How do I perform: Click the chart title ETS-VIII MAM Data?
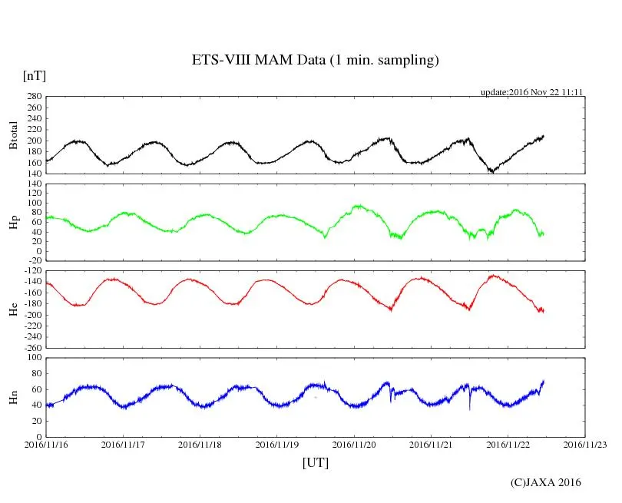point(315,61)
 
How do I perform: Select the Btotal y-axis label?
point(13,136)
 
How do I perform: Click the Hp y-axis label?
point(13,222)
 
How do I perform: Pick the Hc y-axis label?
point(13,309)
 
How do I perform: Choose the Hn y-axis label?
point(13,397)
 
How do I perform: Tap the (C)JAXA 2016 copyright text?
point(546,482)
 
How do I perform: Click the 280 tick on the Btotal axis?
point(32,97)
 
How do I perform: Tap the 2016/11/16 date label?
point(46,444)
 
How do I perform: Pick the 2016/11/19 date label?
point(277,444)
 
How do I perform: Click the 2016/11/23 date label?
point(586,444)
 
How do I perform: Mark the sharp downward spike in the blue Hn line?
point(470,409)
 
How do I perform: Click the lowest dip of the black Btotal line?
point(492,172)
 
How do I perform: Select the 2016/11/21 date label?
point(432,444)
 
